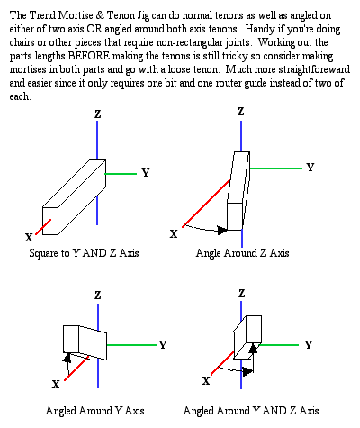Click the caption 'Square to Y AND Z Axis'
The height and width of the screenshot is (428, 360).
pos(84,253)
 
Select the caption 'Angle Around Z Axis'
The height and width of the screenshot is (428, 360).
pos(242,253)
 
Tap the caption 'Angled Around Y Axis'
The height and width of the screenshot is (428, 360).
pos(95,411)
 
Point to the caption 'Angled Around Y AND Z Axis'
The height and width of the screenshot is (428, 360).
pos(251,411)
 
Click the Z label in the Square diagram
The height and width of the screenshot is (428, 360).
pos(98,114)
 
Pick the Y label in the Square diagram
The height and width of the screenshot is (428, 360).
pos(146,173)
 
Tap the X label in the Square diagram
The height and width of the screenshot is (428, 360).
pos(29,238)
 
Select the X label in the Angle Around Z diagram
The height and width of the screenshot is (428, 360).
pos(174,233)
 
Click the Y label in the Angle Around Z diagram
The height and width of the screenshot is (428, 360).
pos(310,167)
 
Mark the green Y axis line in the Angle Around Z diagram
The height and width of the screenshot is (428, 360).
pos(276,168)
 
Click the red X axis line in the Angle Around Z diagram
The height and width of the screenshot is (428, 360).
pos(206,204)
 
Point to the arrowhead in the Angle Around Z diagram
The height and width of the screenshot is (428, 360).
pos(222,231)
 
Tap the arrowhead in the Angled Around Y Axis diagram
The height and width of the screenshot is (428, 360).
pos(67,358)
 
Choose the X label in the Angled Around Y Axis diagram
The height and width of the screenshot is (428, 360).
pos(56,384)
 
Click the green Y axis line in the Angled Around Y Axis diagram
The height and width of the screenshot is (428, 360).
pos(131,345)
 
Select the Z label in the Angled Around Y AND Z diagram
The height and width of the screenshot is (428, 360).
pos(242,294)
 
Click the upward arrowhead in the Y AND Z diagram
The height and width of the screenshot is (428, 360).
pos(254,348)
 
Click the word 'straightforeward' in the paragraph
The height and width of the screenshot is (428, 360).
pos(314,69)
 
